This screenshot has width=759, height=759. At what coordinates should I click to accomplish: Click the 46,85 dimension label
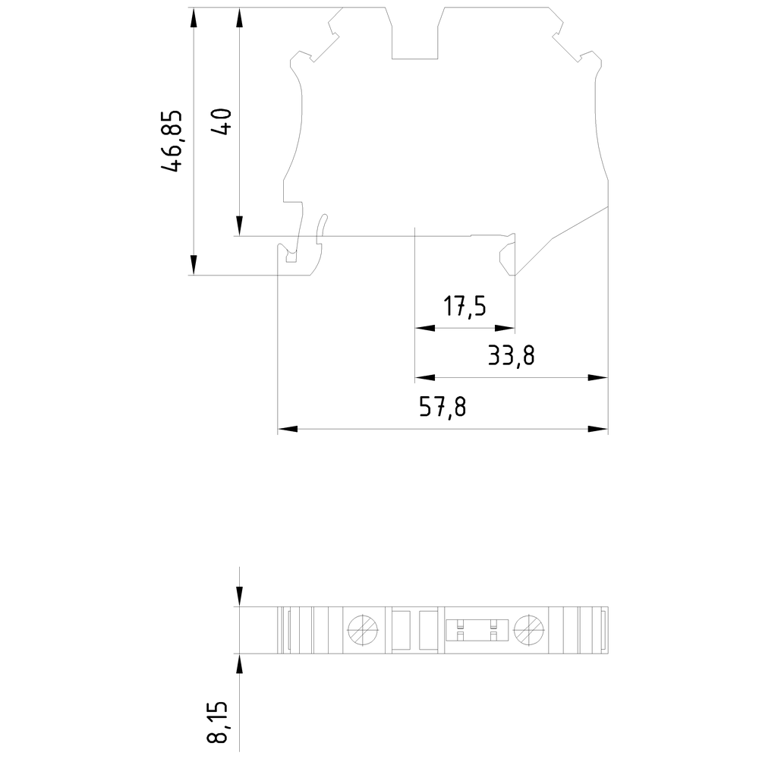172,141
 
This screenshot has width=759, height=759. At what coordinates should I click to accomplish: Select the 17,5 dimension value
465,307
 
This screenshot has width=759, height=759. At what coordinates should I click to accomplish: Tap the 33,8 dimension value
511,356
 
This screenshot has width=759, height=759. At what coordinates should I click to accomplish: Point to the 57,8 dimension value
442,407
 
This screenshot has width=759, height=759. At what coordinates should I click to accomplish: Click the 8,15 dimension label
217,721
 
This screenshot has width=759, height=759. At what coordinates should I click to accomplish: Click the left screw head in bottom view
363,630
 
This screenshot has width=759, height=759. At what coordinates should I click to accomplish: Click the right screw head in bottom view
528,630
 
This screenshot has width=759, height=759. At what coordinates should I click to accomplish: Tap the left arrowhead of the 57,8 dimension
288,429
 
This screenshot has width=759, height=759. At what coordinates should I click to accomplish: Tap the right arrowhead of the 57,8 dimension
598,429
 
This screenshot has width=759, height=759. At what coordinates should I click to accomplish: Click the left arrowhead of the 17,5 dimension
425,328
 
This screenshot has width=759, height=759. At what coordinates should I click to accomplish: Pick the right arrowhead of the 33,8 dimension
598,377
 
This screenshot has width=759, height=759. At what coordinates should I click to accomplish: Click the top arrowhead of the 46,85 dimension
194,17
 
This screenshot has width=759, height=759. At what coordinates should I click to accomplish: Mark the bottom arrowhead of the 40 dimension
239,226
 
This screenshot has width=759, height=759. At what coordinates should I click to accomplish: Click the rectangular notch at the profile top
415,33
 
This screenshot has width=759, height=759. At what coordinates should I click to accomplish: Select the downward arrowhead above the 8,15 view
239,597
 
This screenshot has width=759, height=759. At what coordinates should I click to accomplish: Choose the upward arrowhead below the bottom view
239,663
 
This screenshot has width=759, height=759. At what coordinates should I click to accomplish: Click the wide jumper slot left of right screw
477,630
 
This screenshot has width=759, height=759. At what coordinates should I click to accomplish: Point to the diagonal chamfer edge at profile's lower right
562,241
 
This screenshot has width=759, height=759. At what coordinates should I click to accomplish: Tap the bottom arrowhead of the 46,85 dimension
194,265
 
